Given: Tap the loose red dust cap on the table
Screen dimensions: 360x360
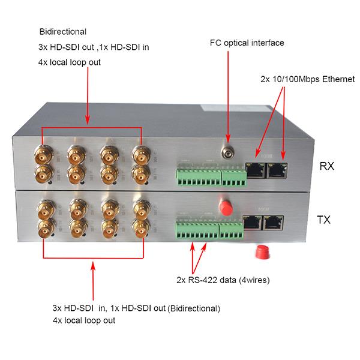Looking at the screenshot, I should click(x=262, y=251).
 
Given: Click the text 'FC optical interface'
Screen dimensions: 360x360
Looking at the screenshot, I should click(x=247, y=43).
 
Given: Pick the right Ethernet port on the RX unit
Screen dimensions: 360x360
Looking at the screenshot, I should click(x=277, y=170).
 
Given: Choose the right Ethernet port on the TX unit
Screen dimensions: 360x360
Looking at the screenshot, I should click(x=274, y=224).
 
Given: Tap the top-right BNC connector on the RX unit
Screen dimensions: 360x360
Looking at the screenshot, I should click(x=140, y=157).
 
